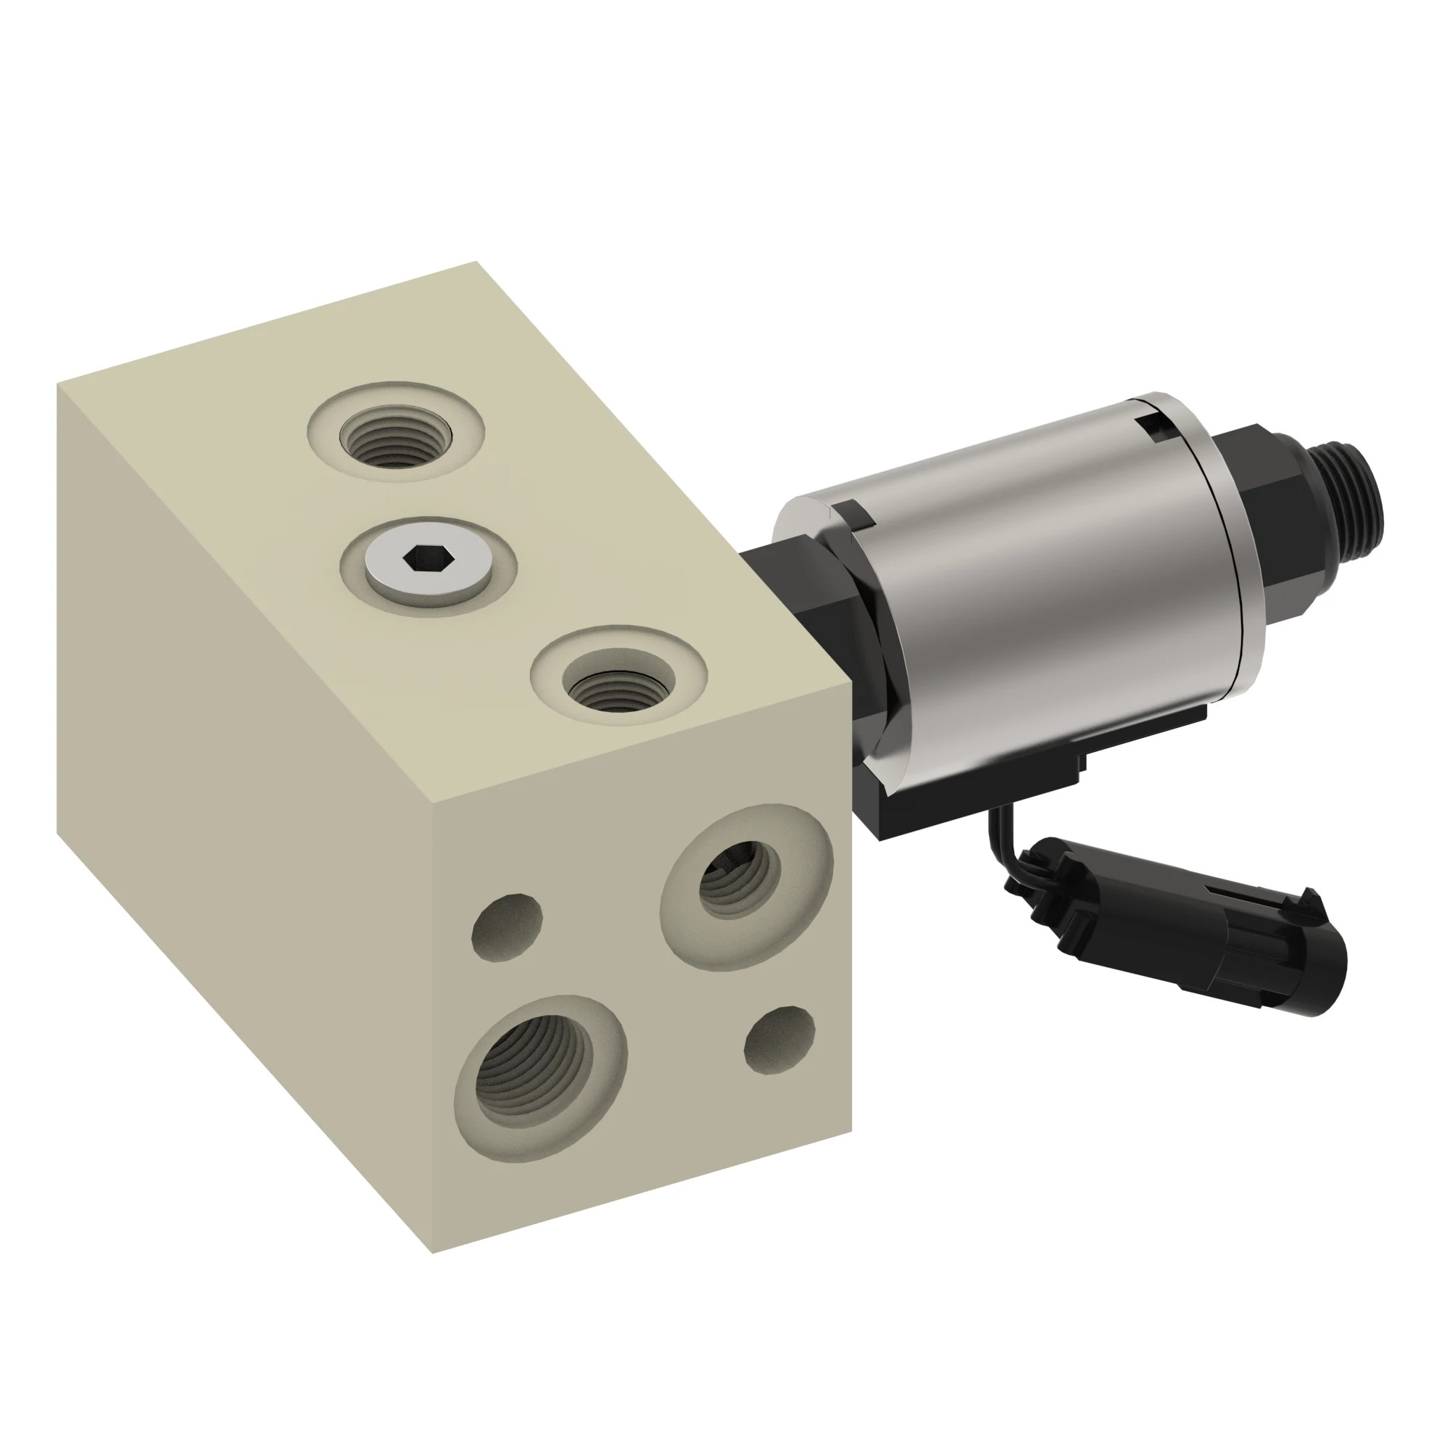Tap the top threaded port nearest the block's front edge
pos(618,681)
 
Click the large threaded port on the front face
pos(535,1065)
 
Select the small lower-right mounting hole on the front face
pos(780,1040)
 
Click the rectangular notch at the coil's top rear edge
pos(1152,426)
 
